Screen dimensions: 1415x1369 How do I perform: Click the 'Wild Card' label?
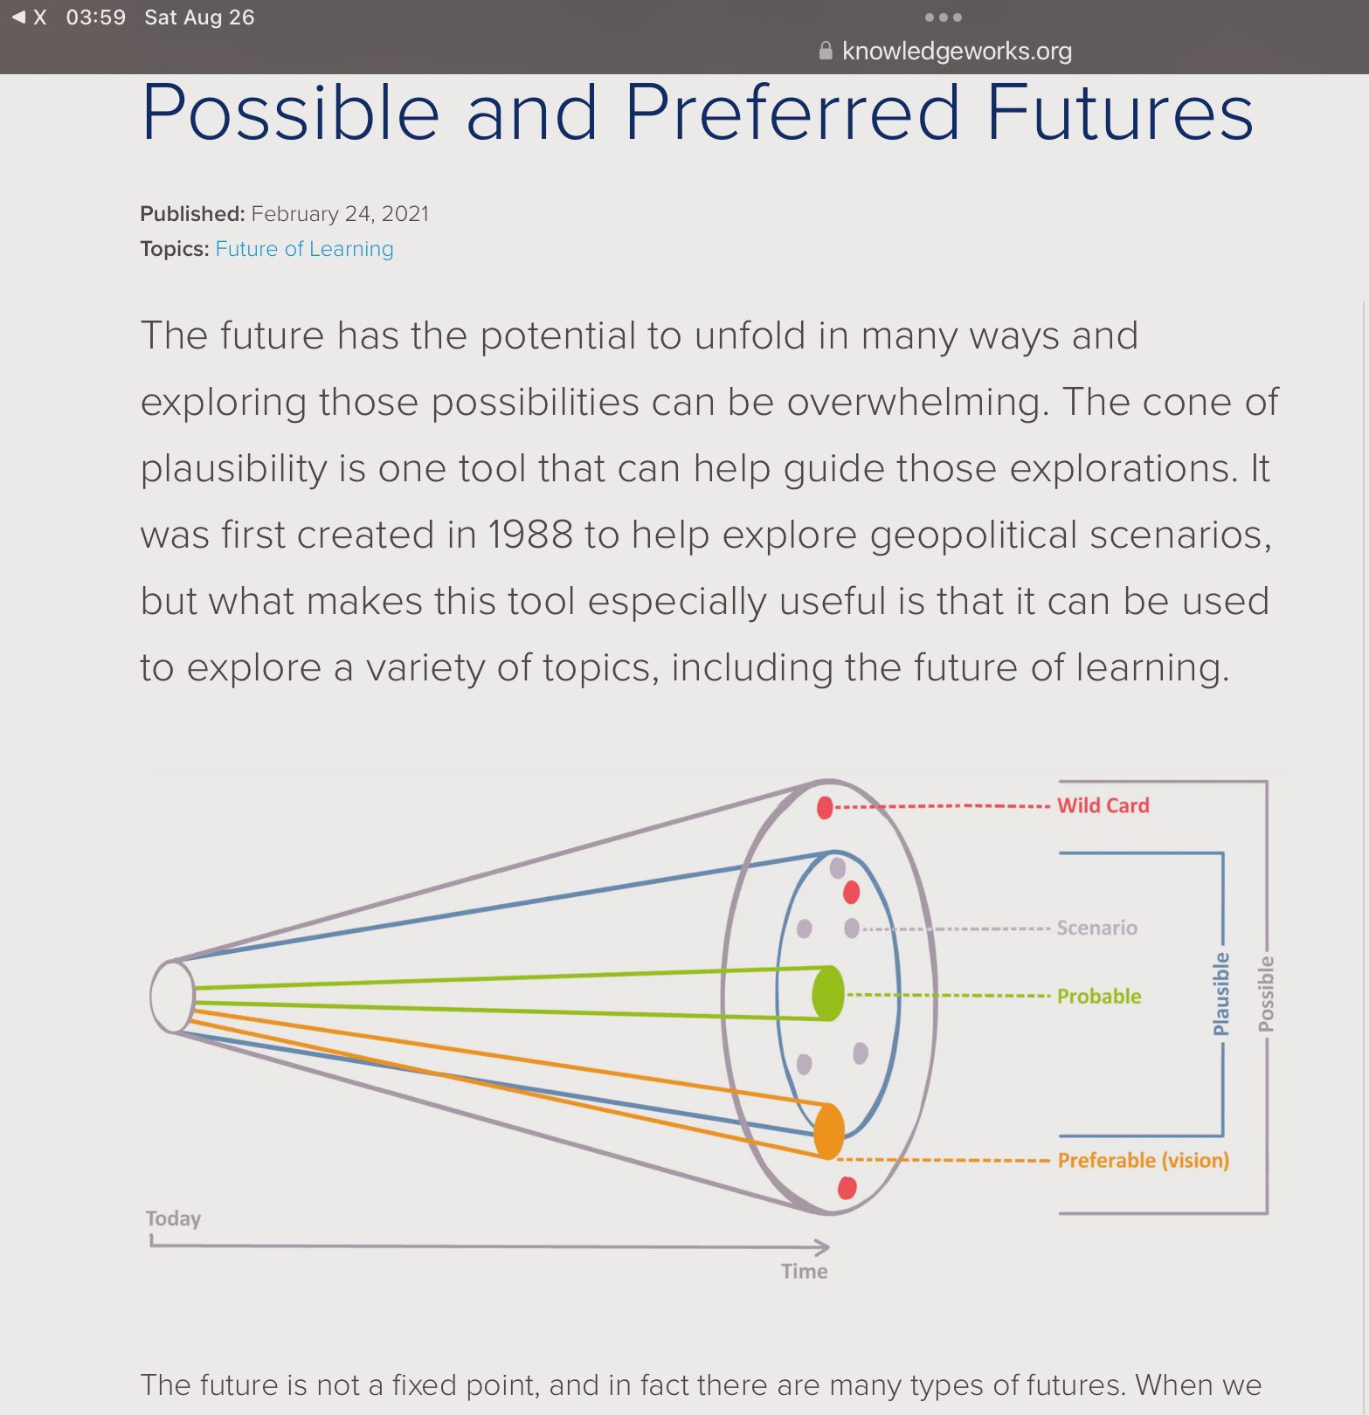point(1103,805)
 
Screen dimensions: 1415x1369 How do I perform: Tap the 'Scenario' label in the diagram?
point(1096,928)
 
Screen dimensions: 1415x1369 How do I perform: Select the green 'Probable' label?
point(1099,996)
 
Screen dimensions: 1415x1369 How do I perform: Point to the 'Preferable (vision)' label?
point(1143,1160)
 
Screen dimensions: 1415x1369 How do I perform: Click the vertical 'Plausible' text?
point(1221,994)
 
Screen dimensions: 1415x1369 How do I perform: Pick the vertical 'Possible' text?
point(1266,994)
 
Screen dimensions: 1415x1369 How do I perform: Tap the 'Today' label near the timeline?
point(173,1218)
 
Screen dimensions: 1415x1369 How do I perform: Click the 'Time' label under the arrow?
point(804,1271)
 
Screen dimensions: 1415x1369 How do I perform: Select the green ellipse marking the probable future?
point(827,993)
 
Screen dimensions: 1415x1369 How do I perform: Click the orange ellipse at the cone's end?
point(828,1131)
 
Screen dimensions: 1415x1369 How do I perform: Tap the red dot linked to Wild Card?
point(825,807)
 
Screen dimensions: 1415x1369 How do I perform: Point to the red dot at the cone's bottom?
point(846,1188)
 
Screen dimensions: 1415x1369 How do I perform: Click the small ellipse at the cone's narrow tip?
point(172,997)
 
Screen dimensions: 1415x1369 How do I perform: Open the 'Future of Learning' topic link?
point(304,249)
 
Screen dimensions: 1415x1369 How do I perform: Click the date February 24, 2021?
point(340,214)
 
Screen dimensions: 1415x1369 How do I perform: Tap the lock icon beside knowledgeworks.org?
point(826,51)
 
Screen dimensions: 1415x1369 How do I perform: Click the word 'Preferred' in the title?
point(792,114)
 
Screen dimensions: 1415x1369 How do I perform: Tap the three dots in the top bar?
point(943,17)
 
